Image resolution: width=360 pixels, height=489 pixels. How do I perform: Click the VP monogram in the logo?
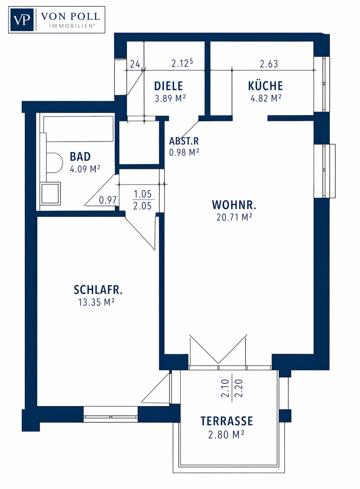[x=22, y=20]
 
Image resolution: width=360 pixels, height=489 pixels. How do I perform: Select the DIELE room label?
[x=168, y=86]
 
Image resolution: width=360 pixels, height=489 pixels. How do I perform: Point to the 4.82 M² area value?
[x=266, y=98]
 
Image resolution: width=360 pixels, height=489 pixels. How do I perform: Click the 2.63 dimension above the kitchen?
[x=269, y=64]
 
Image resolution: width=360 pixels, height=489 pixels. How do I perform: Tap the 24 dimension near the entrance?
[x=135, y=64]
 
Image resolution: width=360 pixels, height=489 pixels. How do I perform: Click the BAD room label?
[x=80, y=157]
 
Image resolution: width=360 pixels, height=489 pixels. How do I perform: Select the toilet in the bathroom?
[x=55, y=163]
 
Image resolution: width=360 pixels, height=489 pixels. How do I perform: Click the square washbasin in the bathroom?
[x=50, y=193]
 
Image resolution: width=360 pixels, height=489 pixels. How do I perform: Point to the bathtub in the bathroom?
[x=78, y=129]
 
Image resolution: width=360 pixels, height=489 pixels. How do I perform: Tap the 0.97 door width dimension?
[x=108, y=200]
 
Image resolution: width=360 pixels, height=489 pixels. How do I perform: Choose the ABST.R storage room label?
[x=184, y=141]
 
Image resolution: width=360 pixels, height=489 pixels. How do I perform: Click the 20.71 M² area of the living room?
[x=234, y=217]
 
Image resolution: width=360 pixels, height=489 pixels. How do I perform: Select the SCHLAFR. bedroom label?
[x=98, y=290]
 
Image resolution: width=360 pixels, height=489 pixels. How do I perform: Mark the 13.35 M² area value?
[x=96, y=302]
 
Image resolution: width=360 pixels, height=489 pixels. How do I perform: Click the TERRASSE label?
[x=227, y=421]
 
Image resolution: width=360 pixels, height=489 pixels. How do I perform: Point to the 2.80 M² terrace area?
[x=226, y=435]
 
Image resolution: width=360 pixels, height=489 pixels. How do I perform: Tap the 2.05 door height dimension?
[x=142, y=206]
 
